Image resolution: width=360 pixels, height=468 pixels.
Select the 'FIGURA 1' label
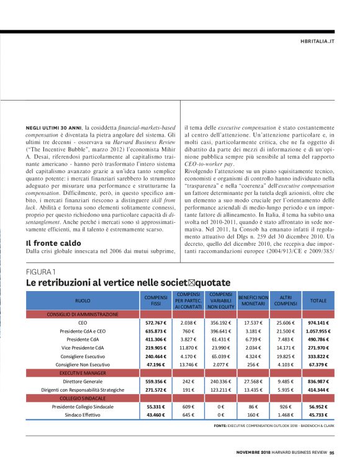pos(40,272)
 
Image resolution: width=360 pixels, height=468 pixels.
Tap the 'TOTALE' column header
pos(318,300)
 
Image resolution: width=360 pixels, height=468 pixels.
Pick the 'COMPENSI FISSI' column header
pos(152,300)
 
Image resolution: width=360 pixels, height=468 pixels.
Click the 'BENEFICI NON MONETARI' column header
pos(253,300)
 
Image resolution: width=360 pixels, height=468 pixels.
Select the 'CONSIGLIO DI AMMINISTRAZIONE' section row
pos(82,314)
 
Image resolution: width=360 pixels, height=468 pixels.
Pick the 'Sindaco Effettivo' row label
pos(83,415)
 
